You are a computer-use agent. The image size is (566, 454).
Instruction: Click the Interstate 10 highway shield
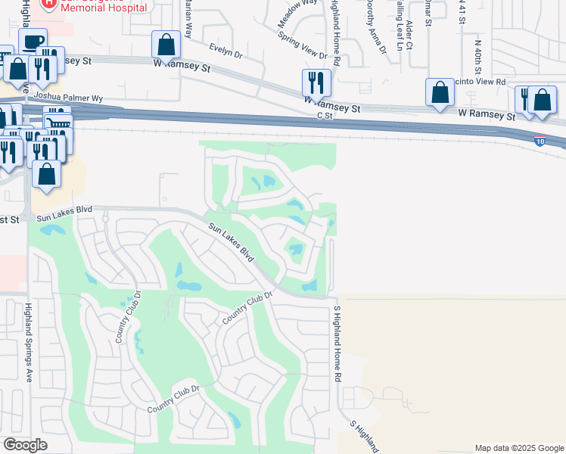[x=539, y=141]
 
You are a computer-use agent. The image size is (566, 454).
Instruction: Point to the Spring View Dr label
[x=302, y=46]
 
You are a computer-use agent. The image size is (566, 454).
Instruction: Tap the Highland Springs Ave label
[x=28, y=342]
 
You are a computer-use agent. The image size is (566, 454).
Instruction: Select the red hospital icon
[x=49, y=4]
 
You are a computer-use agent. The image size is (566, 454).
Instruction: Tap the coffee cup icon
[x=33, y=42]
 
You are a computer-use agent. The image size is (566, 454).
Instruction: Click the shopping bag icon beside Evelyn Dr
[x=166, y=45]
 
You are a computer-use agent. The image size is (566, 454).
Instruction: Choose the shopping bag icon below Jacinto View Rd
[x=440, y=93]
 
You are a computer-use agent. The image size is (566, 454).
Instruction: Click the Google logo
[x=26, y=445]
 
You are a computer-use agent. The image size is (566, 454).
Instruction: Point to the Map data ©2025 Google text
[x=518, y=448]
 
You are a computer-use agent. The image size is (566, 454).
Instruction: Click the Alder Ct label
[x=409, y=35]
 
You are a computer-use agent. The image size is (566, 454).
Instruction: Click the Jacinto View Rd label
[x=484, y=81]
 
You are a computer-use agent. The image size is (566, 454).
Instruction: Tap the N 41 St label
[x=461, y=13]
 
